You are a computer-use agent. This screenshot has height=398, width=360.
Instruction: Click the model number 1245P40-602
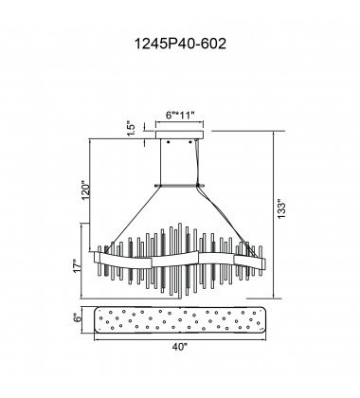180,44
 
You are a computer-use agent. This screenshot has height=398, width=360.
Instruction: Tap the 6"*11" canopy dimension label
180,116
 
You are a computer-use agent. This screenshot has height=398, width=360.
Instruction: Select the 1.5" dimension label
131,129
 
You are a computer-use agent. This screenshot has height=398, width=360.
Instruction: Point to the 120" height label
85,190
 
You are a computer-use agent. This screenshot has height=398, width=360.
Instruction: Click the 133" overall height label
280,208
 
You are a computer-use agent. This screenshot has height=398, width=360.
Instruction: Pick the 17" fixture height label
77,266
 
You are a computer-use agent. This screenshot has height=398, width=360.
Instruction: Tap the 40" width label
180,347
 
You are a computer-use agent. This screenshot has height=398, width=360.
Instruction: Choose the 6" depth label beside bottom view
77,317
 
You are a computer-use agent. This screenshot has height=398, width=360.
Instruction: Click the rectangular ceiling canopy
180,135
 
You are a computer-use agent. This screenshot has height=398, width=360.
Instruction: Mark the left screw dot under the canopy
169,142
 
